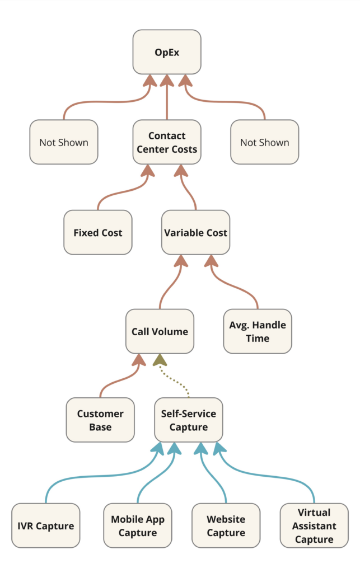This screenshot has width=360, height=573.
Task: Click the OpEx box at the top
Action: [x=167, y=52]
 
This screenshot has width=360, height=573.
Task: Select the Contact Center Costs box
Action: [x=167, y=142]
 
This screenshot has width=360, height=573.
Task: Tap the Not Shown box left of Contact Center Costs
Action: [x=64, y=142]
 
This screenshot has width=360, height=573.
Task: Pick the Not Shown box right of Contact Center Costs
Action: [x=265, y=142]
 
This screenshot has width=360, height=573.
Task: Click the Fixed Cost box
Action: [x=98, y=232]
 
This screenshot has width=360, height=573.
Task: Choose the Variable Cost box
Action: [x=196, y=232]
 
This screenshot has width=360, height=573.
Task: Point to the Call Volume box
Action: [x=160, y=331]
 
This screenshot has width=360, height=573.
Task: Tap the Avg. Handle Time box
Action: [x=258, y=331]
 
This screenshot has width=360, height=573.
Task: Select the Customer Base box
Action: [x=100, y=420]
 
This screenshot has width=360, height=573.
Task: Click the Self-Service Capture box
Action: [x=189, y=420]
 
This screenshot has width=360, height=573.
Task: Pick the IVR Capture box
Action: [x=46, y=525]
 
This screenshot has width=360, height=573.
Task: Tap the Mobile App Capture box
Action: [x=138, y=525]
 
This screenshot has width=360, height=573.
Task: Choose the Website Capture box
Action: [x=226, y=525]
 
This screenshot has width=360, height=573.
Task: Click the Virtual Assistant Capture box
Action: [x=314, y=525]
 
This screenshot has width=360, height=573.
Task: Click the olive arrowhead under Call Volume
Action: [x=160, y=360]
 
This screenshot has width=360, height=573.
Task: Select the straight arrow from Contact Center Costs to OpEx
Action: [x=167, y=97]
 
